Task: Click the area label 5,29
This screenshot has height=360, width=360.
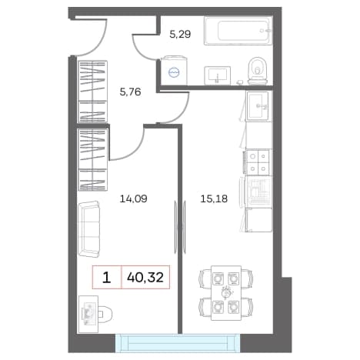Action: (x=180, y=34)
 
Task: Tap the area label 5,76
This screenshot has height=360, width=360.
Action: (x=130, y=92)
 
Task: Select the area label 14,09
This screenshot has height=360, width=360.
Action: (x=133, y=198)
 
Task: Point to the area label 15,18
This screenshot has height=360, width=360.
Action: (x=214, y=198)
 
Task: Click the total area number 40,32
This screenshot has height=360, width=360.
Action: (x=145, y=277)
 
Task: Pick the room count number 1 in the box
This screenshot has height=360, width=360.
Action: (x=106, y=278)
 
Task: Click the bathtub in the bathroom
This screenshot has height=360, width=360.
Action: (x=238, y=31)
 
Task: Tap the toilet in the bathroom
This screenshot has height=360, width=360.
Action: (x=258, y=71)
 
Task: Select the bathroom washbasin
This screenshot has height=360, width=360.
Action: (x=217, y=75)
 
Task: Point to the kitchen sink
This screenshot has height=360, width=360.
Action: (x=257, y=106)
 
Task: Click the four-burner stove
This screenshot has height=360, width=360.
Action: (x=258, y=162)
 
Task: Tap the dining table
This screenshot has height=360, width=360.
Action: (x=226, y=293)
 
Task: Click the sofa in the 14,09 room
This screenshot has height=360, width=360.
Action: (x=88, y=229)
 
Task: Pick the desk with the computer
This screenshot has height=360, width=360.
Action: (x=88, y=314)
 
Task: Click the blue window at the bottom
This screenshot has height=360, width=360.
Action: (x=178, y=343)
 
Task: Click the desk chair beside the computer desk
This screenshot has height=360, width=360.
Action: (x=105, y=313)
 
